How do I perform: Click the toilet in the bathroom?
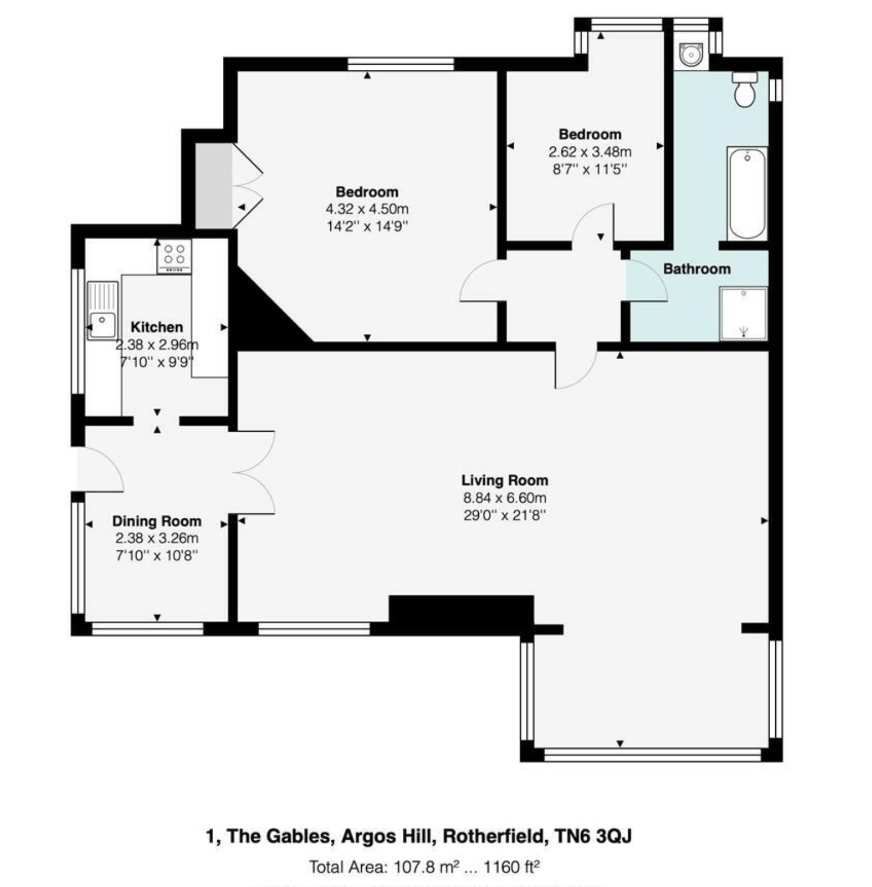coord(744,89)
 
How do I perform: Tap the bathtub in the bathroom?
coord(747,194)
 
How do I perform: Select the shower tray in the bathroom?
coord(743,313)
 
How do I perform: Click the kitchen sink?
coord(102,311)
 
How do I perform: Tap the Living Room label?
coord(505,480)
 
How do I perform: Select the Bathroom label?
coord(696,269)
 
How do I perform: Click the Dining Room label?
coord(156,521)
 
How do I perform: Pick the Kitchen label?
coord(156,327)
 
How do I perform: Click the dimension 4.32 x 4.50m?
coord(367,209)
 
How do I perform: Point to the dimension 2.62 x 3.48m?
coord(590,152)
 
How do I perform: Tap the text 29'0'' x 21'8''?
coord(505,515)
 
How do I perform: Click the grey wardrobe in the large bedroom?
coord(213,186)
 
